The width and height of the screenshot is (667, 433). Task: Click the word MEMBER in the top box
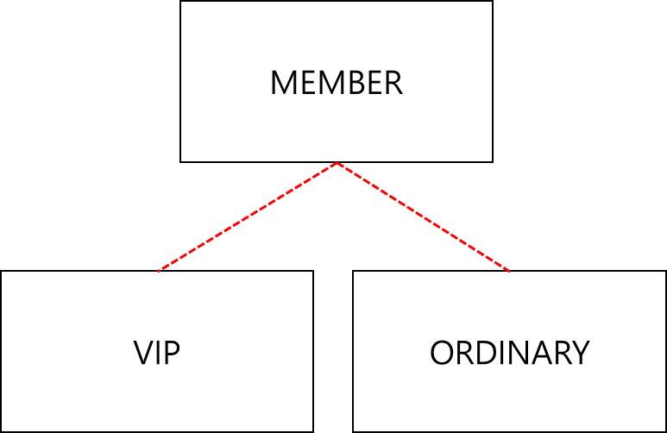coord(336,84)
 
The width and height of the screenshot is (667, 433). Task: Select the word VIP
coord(156,353)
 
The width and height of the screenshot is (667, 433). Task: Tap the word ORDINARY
coord(509,353)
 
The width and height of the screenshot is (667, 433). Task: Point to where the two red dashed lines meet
coord(337,163)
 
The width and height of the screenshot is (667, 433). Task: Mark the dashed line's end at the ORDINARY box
coord(510,271)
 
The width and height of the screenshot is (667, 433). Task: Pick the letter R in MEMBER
coord(393,84)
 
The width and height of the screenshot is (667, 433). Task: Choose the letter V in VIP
coord(143,353)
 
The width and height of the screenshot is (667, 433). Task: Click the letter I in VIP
coord(160,353)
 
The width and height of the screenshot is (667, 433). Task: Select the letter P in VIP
coord(173,353)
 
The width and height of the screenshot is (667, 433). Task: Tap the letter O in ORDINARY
coord(441,353)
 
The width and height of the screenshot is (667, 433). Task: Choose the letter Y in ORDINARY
coord(581,353)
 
